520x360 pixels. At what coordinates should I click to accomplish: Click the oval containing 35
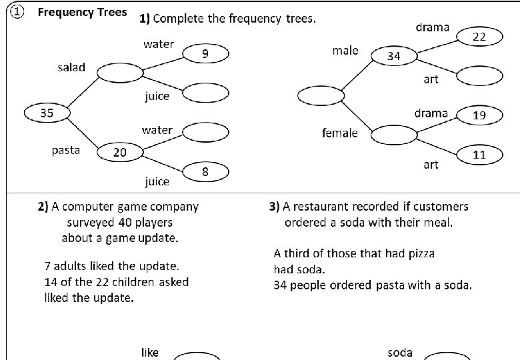click(46, 113)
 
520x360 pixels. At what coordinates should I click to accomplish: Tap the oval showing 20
click(120, 153)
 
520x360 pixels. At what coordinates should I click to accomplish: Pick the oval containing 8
click(206, 172)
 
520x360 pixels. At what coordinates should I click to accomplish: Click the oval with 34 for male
click(394, 57)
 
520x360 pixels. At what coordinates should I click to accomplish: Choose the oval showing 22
click(479, 37)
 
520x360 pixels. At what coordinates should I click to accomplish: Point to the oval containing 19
click(479, 115)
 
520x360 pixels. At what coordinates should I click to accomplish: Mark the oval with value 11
click(479, 155)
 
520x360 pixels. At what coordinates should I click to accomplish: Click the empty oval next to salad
click(119, 72)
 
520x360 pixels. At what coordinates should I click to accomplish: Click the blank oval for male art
click(479, 76)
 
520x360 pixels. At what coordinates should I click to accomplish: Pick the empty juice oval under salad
click(206, 93)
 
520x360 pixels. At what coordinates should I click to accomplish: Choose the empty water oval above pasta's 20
click(206, 133)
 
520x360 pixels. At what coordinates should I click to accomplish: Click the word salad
click(71, 68)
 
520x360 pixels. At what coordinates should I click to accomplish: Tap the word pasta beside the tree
click(66, 150)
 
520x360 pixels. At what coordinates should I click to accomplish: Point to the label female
click(340, 133)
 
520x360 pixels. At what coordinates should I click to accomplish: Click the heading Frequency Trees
click(82, 13)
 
